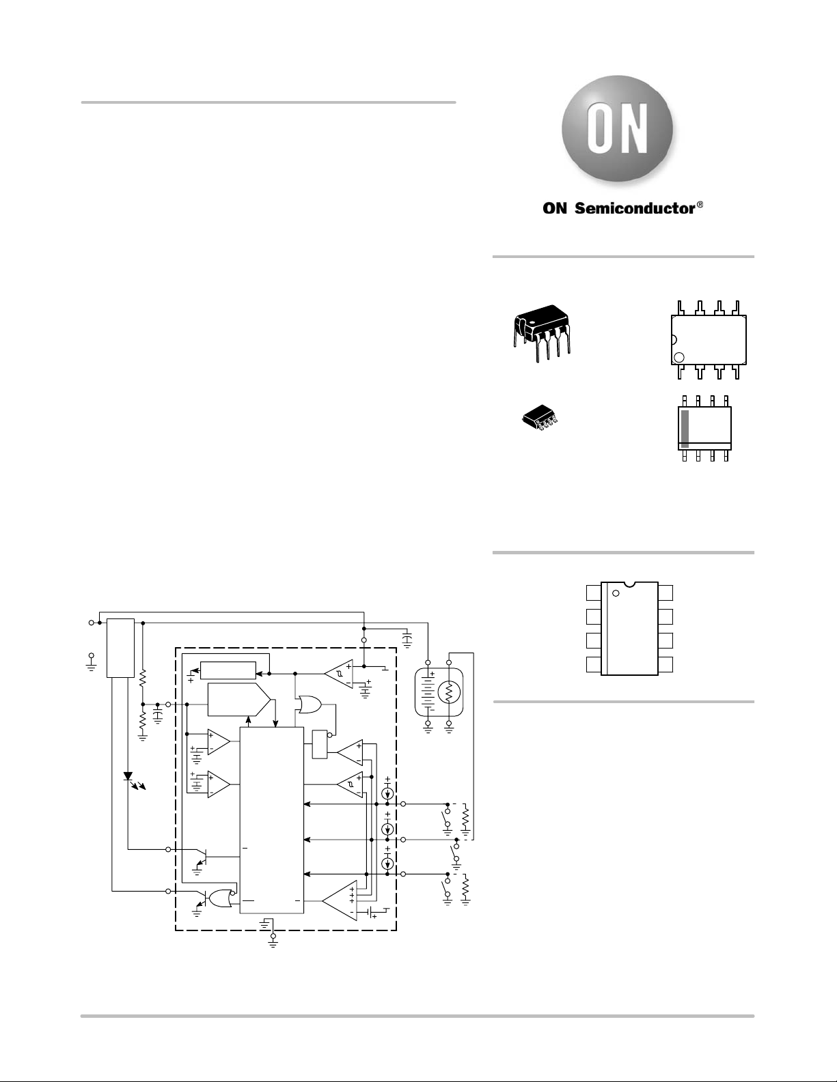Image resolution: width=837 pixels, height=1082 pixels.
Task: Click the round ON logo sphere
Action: pyautogui.click(x=617, y=130)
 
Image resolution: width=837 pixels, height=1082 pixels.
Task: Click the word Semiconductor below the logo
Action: pyautogui.click(x=635, y=208)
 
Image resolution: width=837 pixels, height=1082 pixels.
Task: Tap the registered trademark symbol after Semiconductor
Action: pyautogui.click(x=700, y=205)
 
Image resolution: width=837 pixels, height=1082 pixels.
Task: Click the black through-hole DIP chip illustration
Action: pyautogui.click(x=542, y=332)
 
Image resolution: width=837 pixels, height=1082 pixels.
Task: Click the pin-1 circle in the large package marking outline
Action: pyautogui.click(x=678, y=357)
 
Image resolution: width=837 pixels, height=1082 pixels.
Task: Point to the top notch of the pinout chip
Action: pyautogui.click(x=630, y=584)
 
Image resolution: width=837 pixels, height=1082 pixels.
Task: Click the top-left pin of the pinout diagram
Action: pyautogui.click(x=594, y=593)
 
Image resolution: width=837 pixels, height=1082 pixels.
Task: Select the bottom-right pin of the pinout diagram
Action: pyautogui.click(x=665, y=664)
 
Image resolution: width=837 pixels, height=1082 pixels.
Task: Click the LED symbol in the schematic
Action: pyautogui.click(x=128, y=775)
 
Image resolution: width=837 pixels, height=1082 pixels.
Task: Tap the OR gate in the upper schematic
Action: pyautogui.click(x=309, y=704)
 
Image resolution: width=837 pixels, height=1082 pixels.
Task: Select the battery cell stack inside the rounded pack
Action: pyautogui.click(x=427, y=693)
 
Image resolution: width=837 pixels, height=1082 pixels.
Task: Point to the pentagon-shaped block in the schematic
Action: pyautogui.click(x=239, y=700)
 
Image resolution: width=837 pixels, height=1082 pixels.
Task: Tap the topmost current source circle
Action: pyautogui.click(x=387, y=793)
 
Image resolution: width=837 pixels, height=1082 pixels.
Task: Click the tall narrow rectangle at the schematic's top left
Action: pyautogui.click(x=120, y=648)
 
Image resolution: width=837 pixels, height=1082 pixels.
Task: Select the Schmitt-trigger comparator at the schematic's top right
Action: pyautogui.click(x=339, y=674)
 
